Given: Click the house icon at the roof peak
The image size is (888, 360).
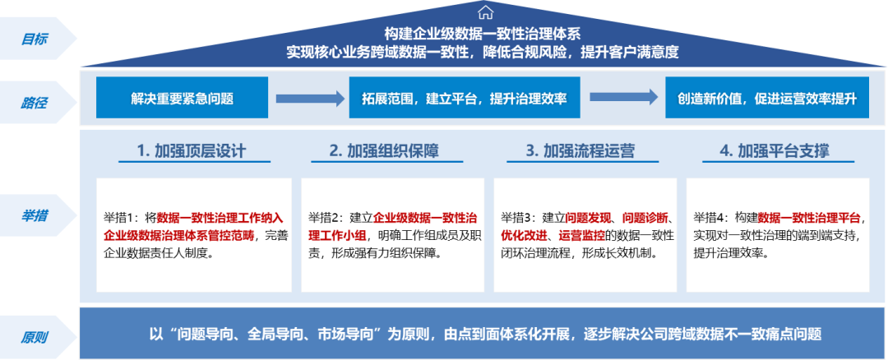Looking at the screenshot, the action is click(x=485, y=12).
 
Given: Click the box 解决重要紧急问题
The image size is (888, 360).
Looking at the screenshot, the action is click(x=182, y=97).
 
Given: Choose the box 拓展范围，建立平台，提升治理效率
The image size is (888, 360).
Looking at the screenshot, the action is click(x=465, y=97).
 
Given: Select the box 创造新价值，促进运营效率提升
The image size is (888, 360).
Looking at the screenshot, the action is click(x=767, y=97).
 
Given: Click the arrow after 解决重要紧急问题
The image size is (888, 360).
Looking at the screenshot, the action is click(x=310, y=99).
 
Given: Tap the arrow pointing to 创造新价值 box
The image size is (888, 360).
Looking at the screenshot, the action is click(x=623, y=97).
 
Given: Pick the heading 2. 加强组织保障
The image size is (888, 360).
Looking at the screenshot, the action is click(x=386, y=151).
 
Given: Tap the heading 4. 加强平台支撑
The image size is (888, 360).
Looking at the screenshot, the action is click(x=778, y=151).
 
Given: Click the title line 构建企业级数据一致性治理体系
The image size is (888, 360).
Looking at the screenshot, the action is click(x=483, y=34).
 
